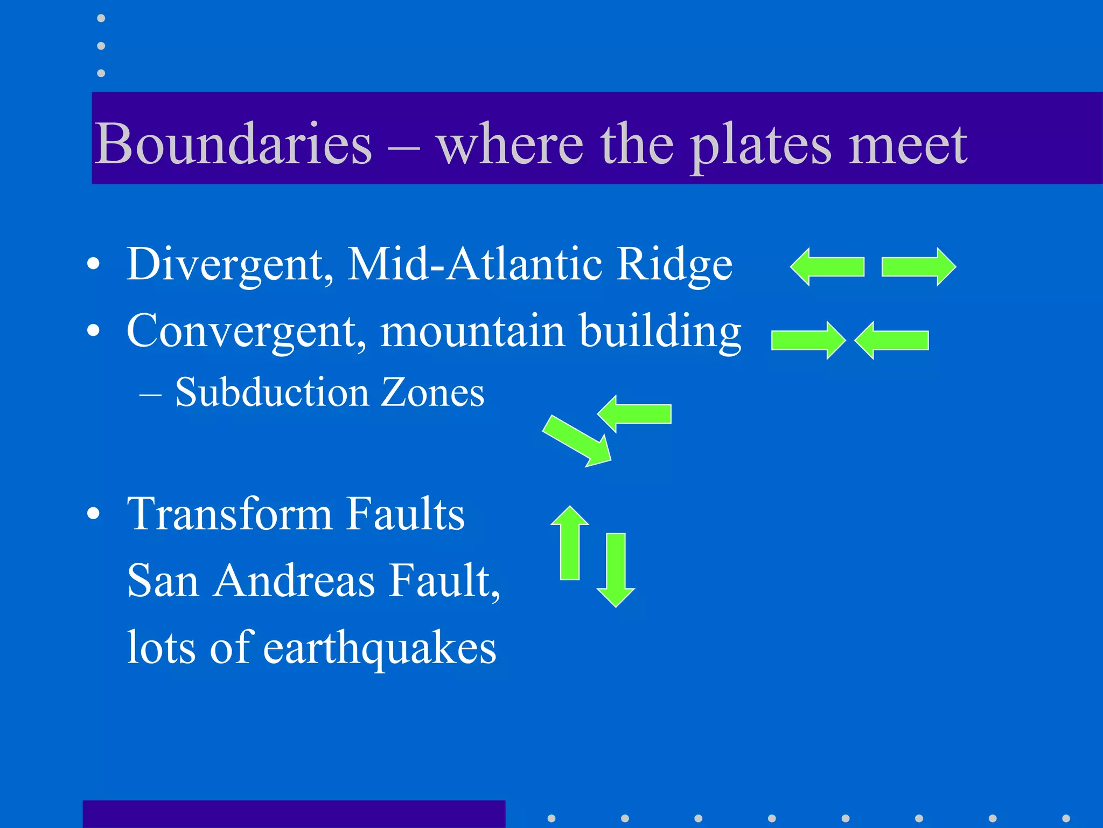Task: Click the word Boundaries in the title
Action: pyautogui.click(x=233, y=144)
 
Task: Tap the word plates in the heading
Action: pyautogui.click(x=760, y=146)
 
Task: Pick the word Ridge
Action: pyautogui.click(x=674, y=265)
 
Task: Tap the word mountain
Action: pyautogui.click(x=473, y=331)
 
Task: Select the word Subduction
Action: pyautogui.click(x=272, y=392)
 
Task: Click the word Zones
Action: pyautogui.click(x=432, y=392)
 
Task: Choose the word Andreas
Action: pyautogui.click(x=294, y=581)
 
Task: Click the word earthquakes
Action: pyautogui.click(x=380, y=648)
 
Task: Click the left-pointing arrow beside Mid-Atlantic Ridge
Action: pyautogui.click(x=827, y=267)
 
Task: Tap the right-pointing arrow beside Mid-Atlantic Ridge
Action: pyautogui.click(x=918, y=267)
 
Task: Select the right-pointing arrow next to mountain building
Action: pyautogui.click(x=808, y=341)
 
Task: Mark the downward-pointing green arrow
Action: pyautogui.click(x=616, y=569)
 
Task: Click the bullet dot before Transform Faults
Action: pyautogui.click(x=93, y=514)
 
